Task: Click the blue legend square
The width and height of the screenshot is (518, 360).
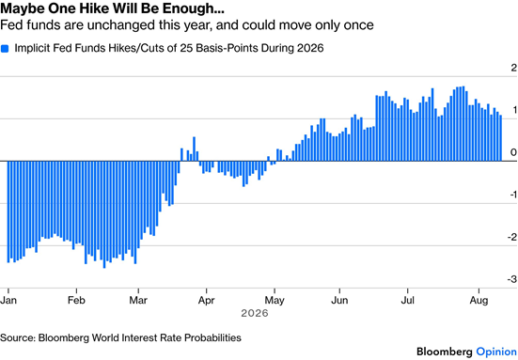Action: [x=5, y=49]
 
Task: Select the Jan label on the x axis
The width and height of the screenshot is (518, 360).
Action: [x=8, y=300]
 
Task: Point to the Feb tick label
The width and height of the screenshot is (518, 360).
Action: [x=76, y=300]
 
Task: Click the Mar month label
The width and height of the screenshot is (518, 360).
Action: [x=138, y=300]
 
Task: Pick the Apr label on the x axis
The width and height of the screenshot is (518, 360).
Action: [x=206, y=301]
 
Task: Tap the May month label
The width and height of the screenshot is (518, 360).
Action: [x=275, y=301]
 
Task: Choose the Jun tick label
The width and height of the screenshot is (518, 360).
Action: [x=339, y=300]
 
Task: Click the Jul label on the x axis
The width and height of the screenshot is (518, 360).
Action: [x=407, y=300]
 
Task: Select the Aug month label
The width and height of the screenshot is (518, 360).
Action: [x=479, y=301]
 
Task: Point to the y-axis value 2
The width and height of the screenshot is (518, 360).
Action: [x=513, y=68]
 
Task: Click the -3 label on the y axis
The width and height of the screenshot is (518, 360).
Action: [x=511, y=279]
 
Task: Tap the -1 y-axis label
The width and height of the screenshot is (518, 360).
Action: [x=512, y=195]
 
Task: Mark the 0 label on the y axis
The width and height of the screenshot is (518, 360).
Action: [x=513, y=152]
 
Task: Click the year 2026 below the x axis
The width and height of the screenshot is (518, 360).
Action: [x=255, y=313]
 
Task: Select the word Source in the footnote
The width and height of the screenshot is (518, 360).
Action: [x=18, y=337]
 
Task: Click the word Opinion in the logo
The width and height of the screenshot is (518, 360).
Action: [x=496, y=352]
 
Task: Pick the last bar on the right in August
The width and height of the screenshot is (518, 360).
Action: [x=501, y=138]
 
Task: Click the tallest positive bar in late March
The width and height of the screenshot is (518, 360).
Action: [x=195, y=149]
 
